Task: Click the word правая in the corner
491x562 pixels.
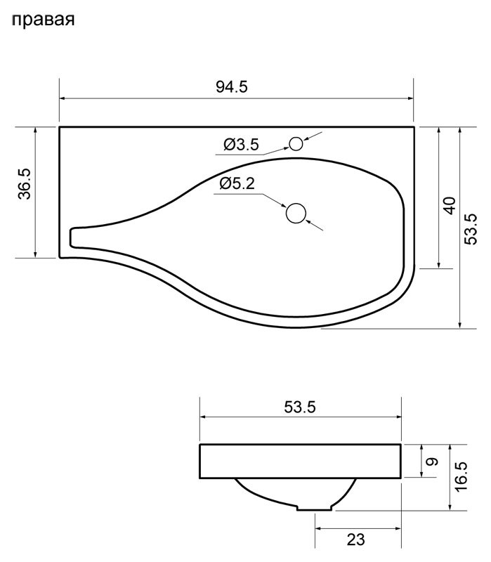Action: click(x=44, y=20)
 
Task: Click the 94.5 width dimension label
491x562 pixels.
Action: click(x=232, y=86)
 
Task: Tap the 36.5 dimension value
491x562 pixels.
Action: click(x=25, y=184)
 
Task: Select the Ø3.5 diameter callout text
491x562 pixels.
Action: click(x=241, y=145)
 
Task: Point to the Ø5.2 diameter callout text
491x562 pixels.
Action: click(x=237, y=183)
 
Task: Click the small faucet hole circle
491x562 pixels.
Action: click(x=296, y=144)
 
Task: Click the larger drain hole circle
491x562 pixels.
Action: click(x=296, y=214)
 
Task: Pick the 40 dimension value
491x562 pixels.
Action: click(x=450, y=205)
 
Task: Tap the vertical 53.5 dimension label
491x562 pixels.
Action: click(x=471, y=229)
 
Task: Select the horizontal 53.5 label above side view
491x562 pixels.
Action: click(x=300, y=407)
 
